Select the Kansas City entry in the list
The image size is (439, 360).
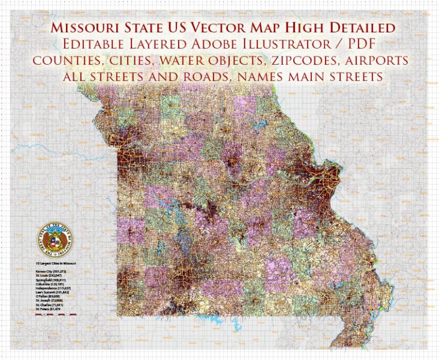pyautogui.click(x=55, y=271)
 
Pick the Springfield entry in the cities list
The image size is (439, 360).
pyautogui.click(x=55, y=280)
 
